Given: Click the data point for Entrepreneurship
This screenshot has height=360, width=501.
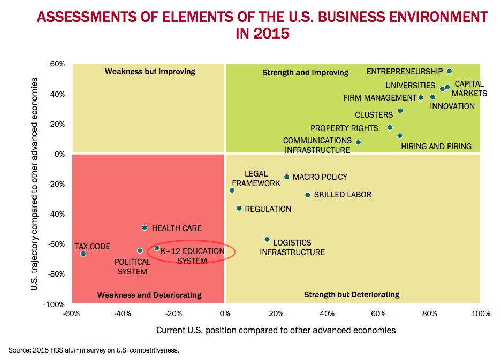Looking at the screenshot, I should point(449,71).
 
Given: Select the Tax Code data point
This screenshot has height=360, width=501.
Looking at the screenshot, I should point(83,254).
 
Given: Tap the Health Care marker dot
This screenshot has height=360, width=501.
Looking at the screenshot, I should point(145,228).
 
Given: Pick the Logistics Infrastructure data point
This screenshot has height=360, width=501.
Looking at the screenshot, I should point(267,240).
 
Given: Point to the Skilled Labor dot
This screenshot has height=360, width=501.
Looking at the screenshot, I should point(308,195).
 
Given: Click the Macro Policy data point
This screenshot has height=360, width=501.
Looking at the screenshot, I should point(287,177).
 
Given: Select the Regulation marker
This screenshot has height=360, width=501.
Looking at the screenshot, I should point(239,208).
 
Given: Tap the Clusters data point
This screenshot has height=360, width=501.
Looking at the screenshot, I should point(400,111).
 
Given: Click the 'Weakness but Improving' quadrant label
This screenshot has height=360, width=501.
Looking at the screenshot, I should point(150,72).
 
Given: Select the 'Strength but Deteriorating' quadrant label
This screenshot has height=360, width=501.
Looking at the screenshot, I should point(352,295).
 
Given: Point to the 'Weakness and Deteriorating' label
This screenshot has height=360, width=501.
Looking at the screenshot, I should point(149,295).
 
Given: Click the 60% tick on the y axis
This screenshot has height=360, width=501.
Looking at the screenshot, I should point(57,64).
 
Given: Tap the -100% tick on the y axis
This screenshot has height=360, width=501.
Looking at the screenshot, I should point(55,304).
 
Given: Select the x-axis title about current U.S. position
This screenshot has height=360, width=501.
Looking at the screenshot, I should point(276,330).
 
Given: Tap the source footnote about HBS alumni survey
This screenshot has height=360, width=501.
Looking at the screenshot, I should point(94,350).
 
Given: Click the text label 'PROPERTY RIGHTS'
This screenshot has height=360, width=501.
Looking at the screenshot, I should point(344,128).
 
